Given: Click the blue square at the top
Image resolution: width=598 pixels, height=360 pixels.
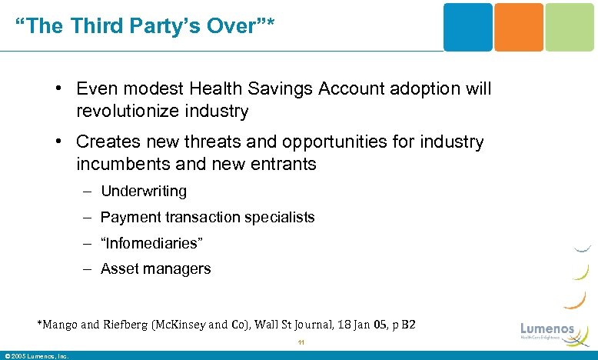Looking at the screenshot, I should tap(467, 27).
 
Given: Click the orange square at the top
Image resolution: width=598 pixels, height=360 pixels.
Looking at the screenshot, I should tap(517, 27).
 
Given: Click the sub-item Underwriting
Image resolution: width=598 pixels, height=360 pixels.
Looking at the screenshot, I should tap(144, 191).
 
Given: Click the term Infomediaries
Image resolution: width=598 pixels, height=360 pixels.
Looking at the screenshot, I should tap(151, 243).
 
